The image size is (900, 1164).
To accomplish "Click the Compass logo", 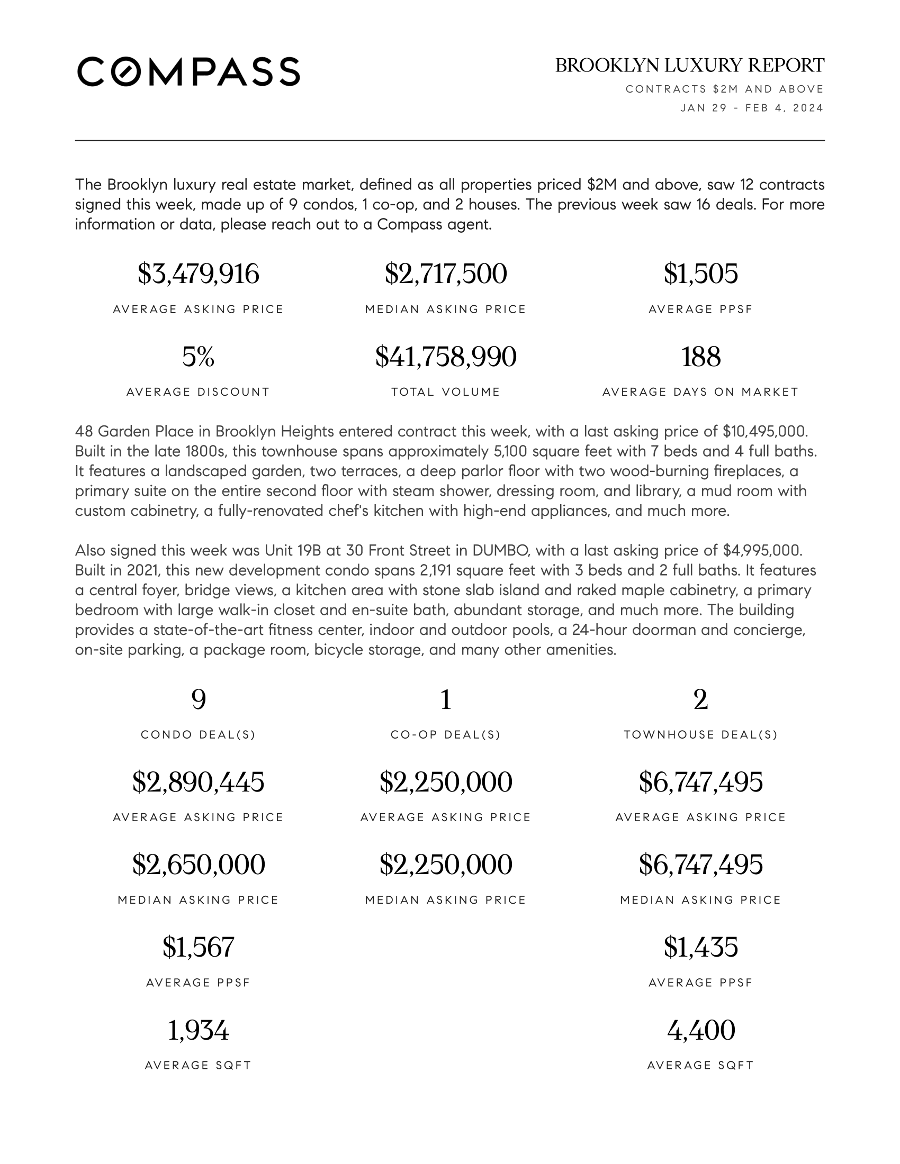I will click(x=188, y=71).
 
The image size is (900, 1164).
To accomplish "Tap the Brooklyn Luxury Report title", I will click(x=689, y=66).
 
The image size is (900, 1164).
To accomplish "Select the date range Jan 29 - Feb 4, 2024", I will click(x=752, y=108).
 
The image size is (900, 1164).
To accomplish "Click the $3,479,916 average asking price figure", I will click(x=199, y=274).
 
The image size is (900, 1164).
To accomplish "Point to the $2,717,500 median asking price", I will click(x=446, y=274).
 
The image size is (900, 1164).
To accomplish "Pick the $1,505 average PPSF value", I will click(x=700, y=274).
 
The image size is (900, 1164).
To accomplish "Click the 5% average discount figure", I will click(x=199, y=357).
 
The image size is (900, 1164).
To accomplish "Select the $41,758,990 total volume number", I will click(x=446, y=357).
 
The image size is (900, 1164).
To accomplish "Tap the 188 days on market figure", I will click(x=700, y=357).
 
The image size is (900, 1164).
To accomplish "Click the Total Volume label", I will click(x=446, y=392).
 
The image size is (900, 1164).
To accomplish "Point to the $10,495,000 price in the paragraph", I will click(x=765, y=431).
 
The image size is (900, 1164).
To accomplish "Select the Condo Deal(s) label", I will click(x=199, y=735).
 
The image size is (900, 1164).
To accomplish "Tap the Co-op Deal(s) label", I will click(x=446, y=735).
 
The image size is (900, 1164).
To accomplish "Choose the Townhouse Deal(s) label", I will click(x=700, y=735).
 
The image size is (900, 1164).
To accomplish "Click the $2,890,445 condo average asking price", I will click(x=199, y=783).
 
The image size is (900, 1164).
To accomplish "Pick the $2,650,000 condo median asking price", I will click(x=199, y=865).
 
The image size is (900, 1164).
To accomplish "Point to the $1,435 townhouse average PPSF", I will click(x=700, y=947).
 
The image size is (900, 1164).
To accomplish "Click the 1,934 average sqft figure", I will click(x=199, y=1030).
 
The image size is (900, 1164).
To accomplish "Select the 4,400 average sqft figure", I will click(x=700, y=1030).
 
